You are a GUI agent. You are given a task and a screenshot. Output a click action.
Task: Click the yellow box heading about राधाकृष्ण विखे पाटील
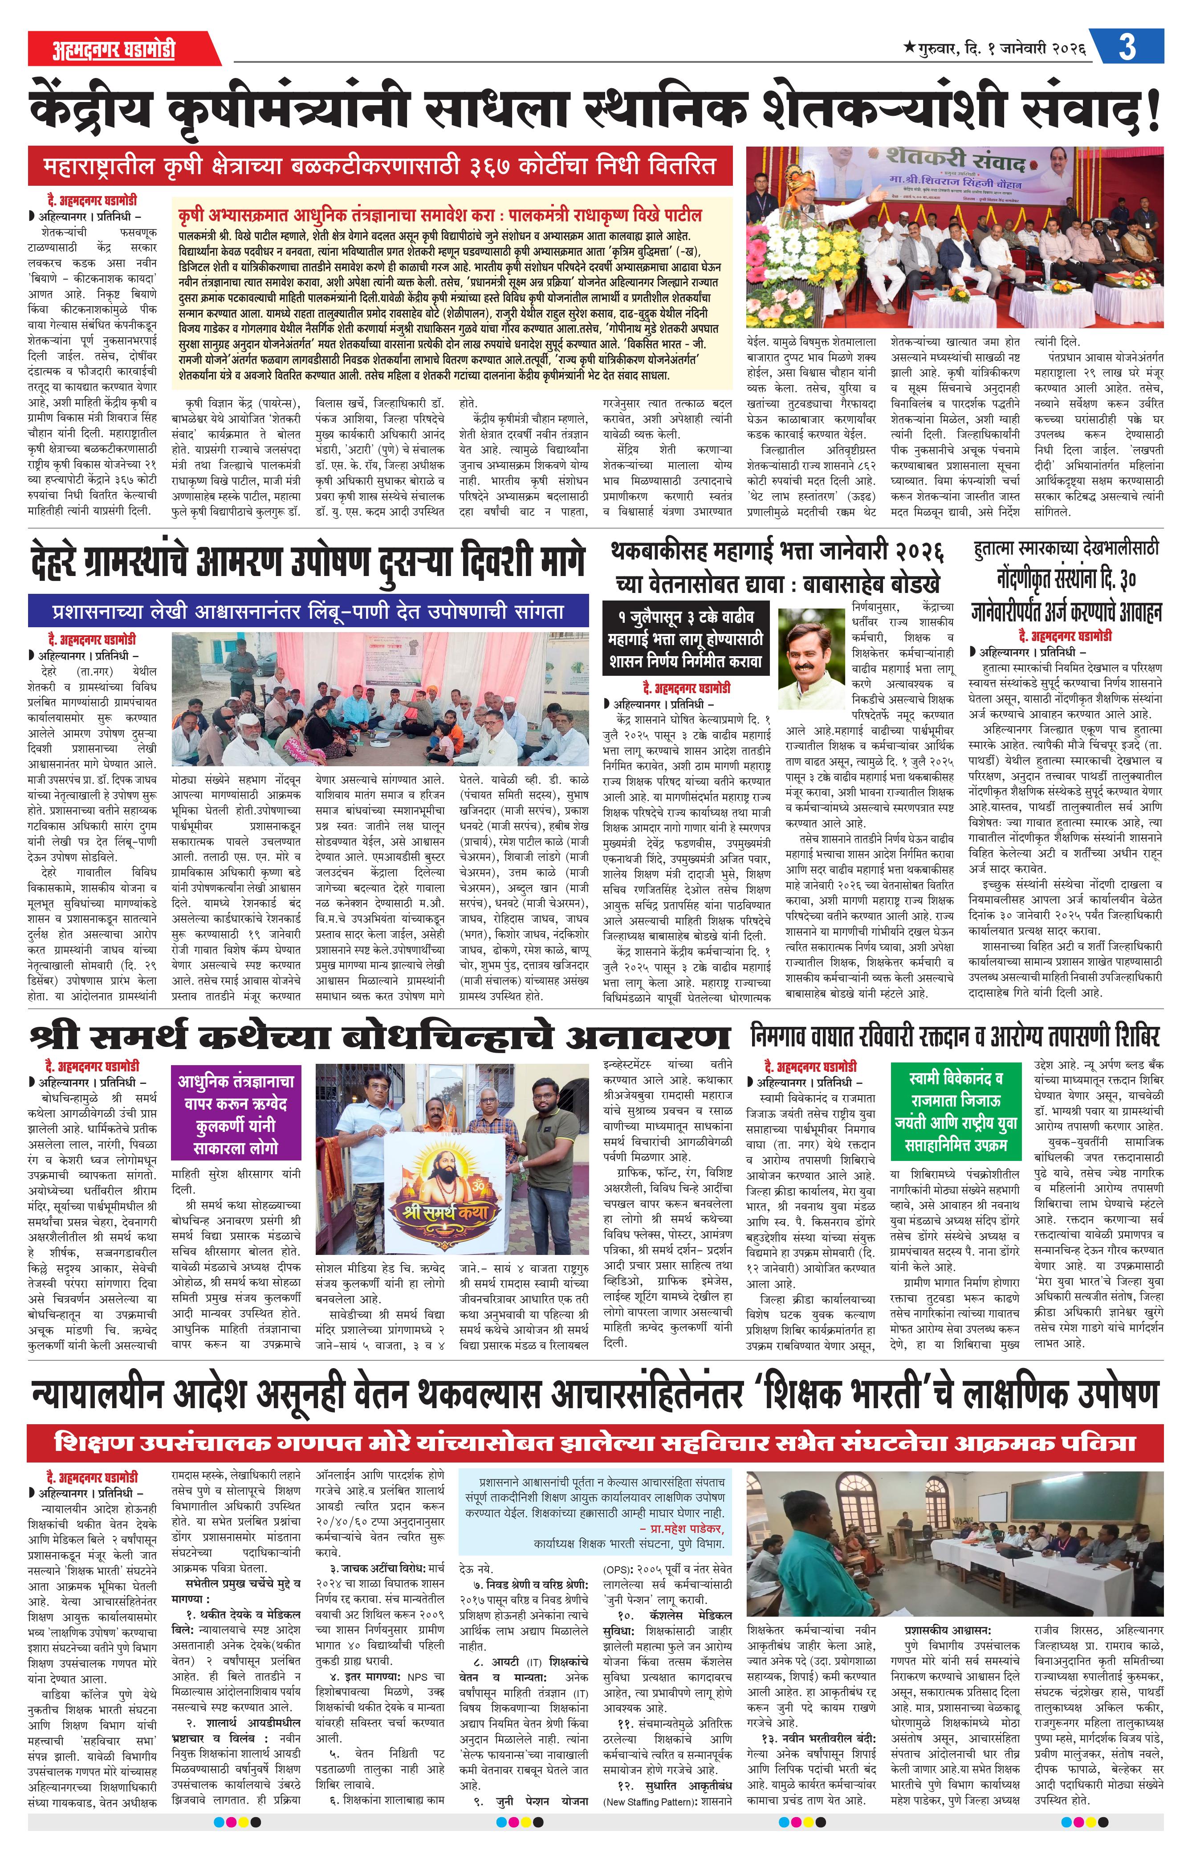point(439,214)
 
